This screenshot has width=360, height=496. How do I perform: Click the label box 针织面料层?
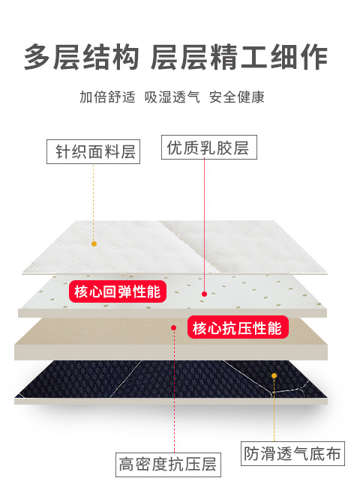point(94,151)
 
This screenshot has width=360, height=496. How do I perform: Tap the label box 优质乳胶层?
point(209,147)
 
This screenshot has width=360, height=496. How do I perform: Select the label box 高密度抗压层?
point(168,465)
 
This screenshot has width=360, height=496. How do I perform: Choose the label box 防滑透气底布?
point(292,453)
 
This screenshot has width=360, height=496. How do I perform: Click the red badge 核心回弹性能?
point(118,291)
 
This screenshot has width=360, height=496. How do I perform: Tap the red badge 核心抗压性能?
point(238,327)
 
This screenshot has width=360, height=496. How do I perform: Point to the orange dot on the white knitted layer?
point(94,244)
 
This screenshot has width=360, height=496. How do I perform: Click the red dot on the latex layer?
point(204,294)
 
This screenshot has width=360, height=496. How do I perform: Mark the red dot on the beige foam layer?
point(173,327)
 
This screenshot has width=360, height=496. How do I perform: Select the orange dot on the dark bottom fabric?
point(274,375)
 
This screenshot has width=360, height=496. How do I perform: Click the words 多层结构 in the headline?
point(81,57)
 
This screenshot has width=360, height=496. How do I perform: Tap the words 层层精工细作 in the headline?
point(239,57)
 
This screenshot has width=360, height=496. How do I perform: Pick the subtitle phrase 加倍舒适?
point(107,97)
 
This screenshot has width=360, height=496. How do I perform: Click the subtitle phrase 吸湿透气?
point(172,97)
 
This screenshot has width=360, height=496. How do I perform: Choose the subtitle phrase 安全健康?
point(237,97)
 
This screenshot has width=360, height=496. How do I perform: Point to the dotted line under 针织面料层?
point(94,202)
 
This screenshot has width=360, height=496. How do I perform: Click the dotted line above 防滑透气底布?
point(274,410)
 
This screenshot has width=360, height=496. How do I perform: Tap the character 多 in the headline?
point(38,57)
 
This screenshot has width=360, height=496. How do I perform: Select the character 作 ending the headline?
point(314,57)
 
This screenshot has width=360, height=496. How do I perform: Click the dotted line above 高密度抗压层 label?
point(174,392)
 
